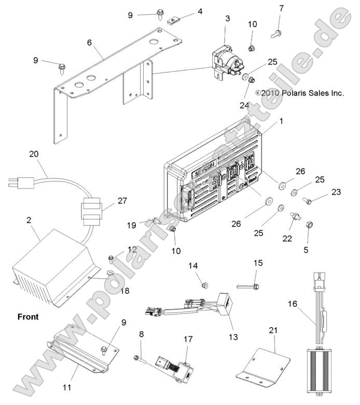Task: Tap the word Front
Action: point(27,316)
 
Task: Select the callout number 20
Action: point(34,154)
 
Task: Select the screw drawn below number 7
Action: point(275,33)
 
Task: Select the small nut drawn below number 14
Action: point(205,285)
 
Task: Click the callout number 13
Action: point(233,337)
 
